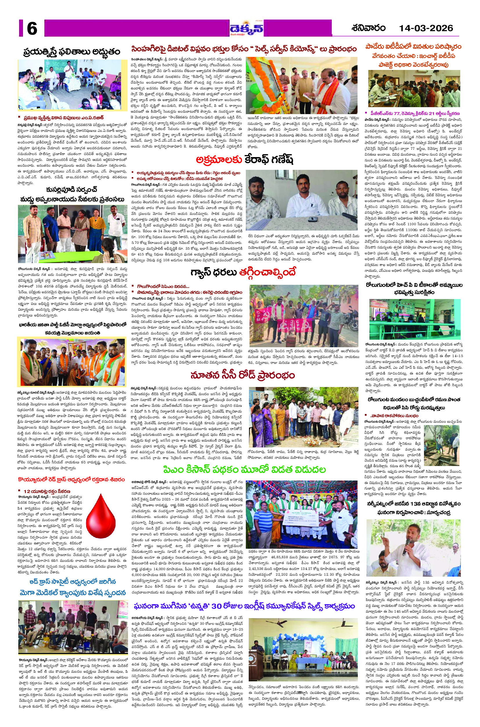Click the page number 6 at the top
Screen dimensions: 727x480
click(32, 29)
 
